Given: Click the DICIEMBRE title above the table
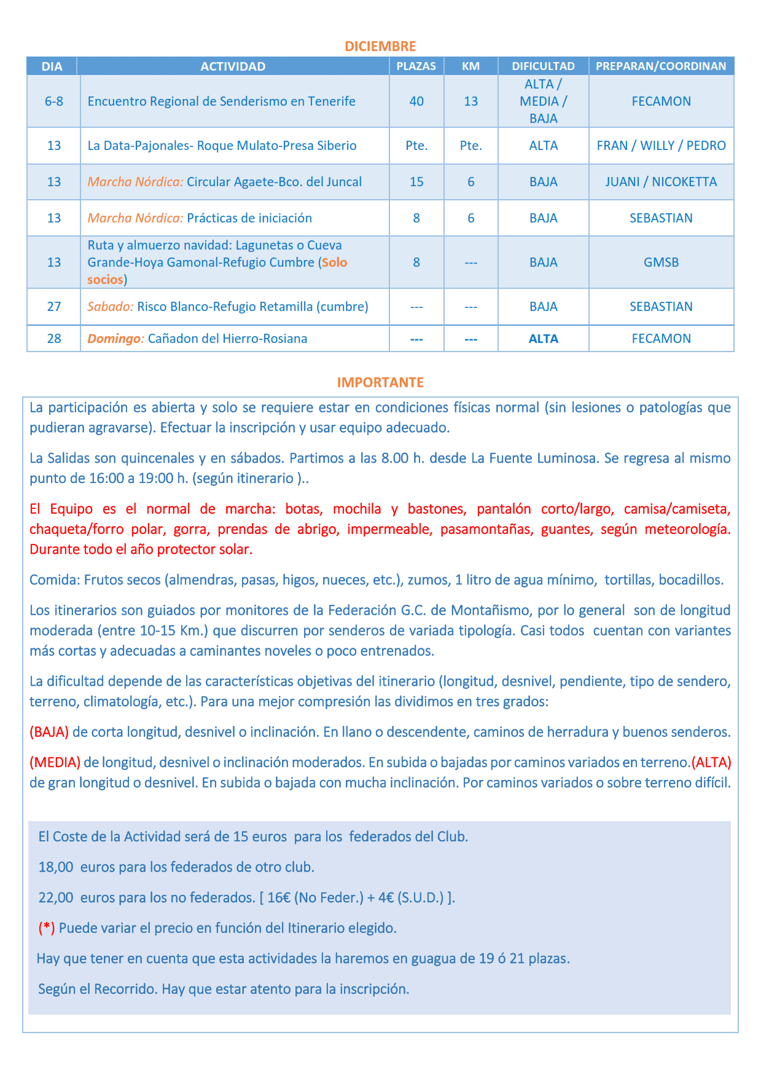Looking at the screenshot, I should pyautogui.click(x=380, y=46).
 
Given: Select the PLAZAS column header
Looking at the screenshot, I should pyautogui.click(x=416, y=66).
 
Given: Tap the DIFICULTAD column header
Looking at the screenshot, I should pyautogui.click(x=543, y=66).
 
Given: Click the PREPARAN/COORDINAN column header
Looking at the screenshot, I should pyautogui.click(x=661, y=66).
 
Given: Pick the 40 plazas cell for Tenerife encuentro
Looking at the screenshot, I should pyautogui.click(x=416, y=101).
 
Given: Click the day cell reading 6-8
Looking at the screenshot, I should pyautogui.click(x=54, y=101).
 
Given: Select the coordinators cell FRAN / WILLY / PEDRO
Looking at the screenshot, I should pyautogui.click(x=661, y=146).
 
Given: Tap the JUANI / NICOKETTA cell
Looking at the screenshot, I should pyautogui.click(x=661, y=182).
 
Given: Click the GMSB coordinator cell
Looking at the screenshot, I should pyautogui.click(x=661, y=262).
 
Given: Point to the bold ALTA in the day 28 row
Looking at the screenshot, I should pyautogui.click(x=543, y=339).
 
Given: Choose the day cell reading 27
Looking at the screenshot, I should pyautogui.click(x=54, y=307).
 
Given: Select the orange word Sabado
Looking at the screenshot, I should pyautogui.click(x=110, y=307).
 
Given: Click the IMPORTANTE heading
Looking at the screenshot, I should pyautogui.click(x=380, y=382).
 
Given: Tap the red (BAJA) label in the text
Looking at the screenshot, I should pyautogui.click(x=49, y=732).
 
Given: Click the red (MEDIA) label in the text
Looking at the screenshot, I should pyautogui.click(x=55, y=762).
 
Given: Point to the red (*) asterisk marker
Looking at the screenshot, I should pyautogui.click(x=46, y=928).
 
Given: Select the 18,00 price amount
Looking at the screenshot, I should pyautogui.click(x=56, y=867).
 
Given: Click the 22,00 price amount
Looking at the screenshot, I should pyautogui.click(x=56, y=897).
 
